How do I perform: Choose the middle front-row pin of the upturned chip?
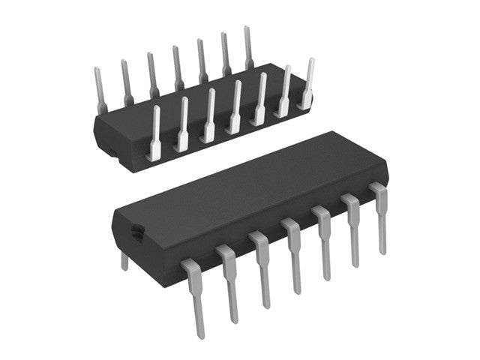235,108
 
